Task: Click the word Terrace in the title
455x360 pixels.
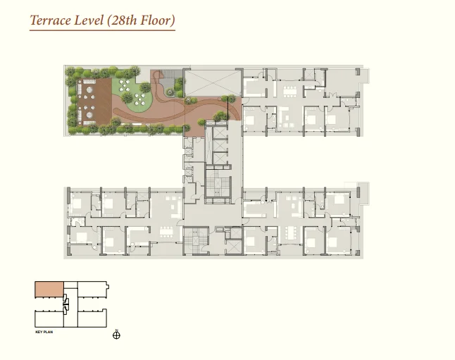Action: [51, 20]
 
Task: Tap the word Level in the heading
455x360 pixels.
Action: [89, 20]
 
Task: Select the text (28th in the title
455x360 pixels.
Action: [122, 20]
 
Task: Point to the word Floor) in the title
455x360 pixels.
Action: [158, 20]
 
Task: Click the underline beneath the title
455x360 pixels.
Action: [102, 30]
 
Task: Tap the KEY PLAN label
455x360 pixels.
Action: [44, 332]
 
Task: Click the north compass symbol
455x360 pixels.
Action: [116, 335]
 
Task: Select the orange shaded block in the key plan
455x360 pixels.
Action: [49, 289]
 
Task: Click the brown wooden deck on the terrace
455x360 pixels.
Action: [94, 101]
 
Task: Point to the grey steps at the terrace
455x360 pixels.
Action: [168, 79]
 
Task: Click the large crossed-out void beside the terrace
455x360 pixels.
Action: [213, 82]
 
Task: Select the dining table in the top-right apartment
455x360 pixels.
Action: [290, 92]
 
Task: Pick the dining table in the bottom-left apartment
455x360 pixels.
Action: [166, 232]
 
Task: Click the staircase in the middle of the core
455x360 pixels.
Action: [218, 184]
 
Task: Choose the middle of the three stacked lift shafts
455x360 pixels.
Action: [219, 146]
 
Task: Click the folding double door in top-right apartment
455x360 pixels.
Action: [332, 94]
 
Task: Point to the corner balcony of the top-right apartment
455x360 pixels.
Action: [365, 76]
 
